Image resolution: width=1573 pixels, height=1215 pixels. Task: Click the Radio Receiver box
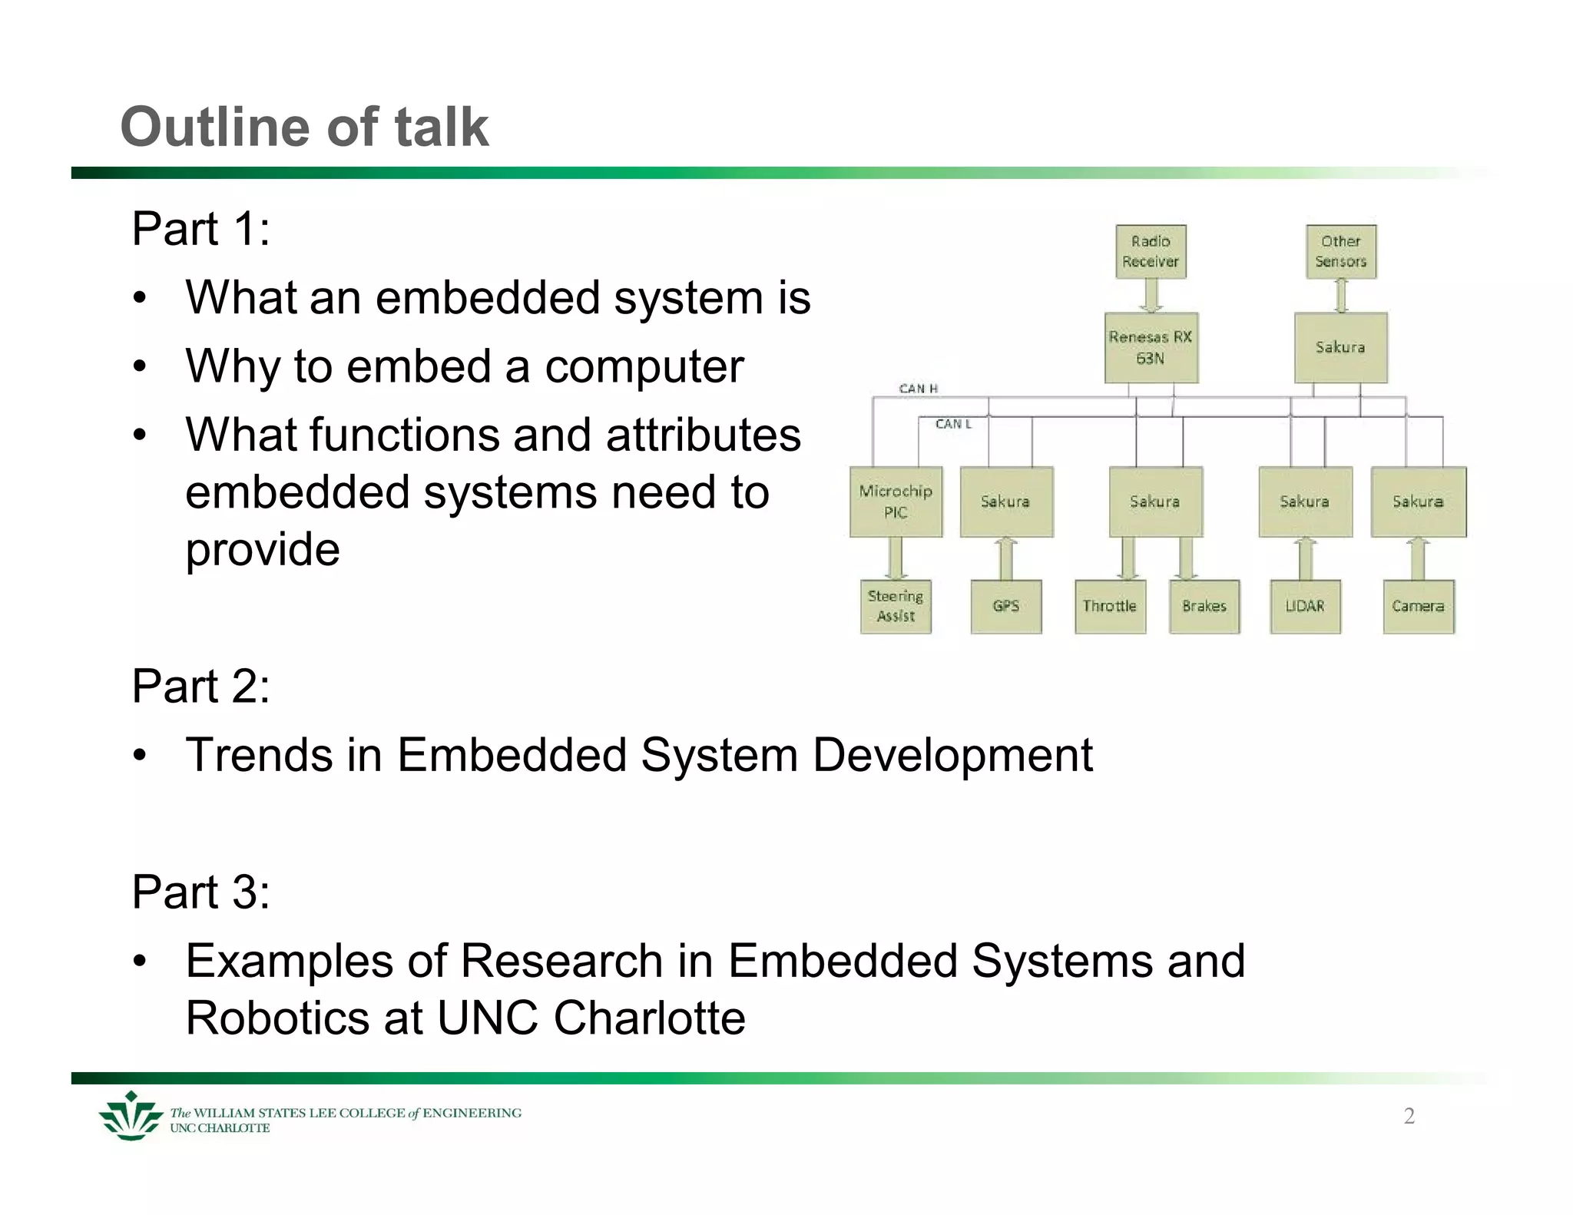coord(1150,251)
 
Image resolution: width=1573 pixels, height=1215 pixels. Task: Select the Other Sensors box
coord(1340,251)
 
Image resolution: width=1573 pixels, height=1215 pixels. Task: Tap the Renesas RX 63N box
coord(1151,347)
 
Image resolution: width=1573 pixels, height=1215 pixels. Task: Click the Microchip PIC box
coord(896,502)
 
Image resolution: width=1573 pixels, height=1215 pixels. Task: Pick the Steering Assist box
coord(896,606)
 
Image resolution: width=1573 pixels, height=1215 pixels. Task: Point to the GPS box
coord(1005,606)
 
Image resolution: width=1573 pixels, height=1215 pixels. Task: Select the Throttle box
coord(1109,606)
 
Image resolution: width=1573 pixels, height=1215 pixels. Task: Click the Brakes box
coord(1204,606)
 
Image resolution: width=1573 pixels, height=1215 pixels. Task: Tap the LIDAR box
coord(1305,606)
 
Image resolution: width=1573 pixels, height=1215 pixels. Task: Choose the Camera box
coord(1418,606)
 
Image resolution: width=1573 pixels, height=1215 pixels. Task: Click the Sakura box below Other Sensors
coord(1340,347)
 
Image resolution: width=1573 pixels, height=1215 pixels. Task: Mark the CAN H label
coord(919,389)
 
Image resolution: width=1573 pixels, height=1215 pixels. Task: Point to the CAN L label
coord(953,424)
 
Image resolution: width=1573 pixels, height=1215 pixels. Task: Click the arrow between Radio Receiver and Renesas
coord(1151,295)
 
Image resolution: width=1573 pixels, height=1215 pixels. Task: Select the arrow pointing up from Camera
coord(1418,558)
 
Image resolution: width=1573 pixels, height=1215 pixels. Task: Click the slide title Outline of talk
coord(304,127)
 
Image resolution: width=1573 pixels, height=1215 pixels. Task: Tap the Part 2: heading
coord(200,685)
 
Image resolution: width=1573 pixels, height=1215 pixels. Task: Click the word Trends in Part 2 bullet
coord(259,754)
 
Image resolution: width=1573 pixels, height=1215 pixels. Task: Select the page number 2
coord(1409,1116)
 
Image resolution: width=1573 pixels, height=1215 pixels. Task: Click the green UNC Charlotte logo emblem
coord(131,1116)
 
